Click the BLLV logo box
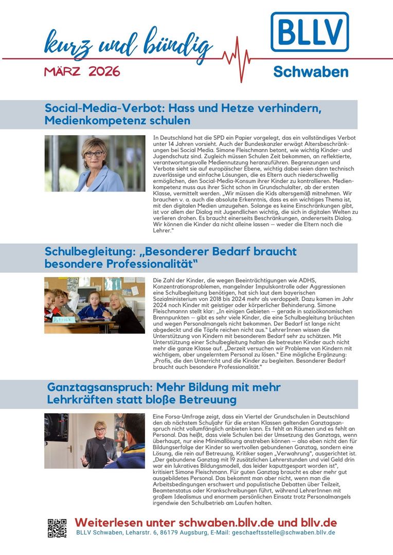[310, 32]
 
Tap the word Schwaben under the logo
[310, 71]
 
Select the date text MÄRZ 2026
[82, 71]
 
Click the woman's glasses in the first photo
[94, 154]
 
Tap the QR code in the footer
[57, 528]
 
